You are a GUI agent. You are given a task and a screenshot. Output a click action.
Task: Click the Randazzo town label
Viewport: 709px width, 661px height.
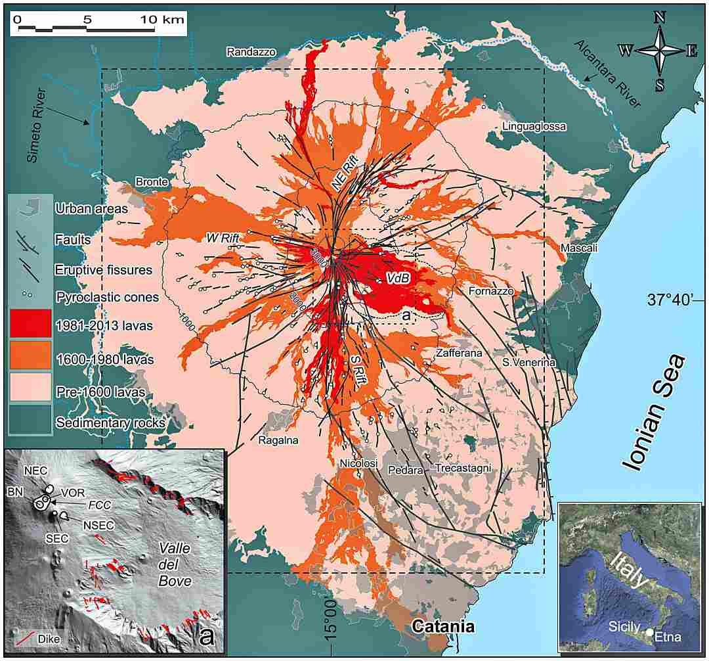251,51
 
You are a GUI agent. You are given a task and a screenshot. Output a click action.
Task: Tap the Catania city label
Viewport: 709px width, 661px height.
442,626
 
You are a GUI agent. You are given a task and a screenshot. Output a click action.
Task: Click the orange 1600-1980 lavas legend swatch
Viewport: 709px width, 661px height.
30,355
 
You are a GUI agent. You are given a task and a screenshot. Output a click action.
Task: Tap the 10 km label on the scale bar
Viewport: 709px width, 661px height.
163,20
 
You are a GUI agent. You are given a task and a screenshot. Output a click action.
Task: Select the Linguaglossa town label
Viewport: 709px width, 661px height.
533,126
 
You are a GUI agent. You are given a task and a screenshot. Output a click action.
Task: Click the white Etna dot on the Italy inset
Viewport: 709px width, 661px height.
649,631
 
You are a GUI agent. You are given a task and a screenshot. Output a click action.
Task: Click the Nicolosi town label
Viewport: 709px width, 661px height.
358,464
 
